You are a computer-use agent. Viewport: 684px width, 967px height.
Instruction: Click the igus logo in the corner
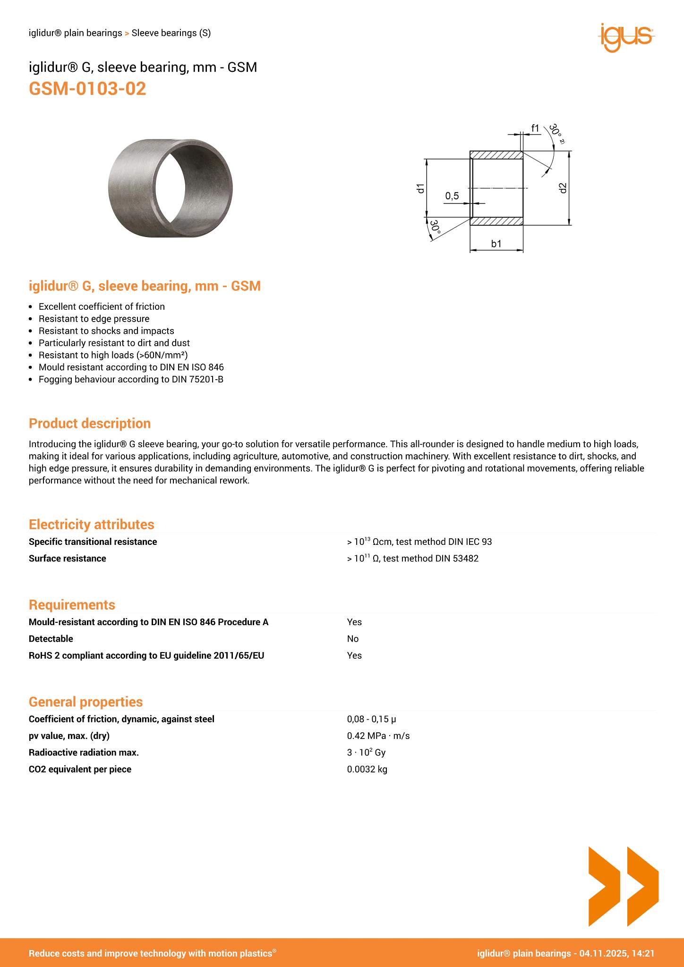[x=626, y=37]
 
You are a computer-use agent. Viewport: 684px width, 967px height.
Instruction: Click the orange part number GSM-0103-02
[x=87, y=89]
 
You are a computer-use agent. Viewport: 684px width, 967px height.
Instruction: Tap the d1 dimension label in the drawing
[x=420, y=188]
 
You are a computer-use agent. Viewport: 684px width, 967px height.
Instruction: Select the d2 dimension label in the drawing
[x=562, y=188]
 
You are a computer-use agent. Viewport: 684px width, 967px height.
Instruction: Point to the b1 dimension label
[x=496, y=244]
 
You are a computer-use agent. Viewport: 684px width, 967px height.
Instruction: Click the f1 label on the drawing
[x=535, y=128]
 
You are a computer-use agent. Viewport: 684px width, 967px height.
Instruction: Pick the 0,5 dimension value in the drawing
[x=452, y=195]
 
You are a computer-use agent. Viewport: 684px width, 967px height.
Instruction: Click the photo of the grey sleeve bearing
[x=170, y=188]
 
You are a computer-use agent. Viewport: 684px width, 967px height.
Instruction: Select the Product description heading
[x=90, y=424]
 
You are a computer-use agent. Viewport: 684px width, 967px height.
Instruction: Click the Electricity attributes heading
[x=91, y=525]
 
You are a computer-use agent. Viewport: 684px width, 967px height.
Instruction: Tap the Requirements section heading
[x=72, y=605]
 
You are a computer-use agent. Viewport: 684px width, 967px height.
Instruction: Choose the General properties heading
[x=85, y=702]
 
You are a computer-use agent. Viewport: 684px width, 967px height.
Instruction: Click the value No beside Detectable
[x=353, y=639]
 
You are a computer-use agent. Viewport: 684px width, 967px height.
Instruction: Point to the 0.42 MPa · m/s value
[x=378, y=736]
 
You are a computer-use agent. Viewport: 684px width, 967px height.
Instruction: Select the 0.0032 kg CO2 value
[x=367, y=769]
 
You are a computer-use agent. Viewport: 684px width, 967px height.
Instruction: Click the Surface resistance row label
[x=68, y=559]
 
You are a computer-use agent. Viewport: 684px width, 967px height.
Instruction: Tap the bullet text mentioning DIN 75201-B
[x=131, y=379]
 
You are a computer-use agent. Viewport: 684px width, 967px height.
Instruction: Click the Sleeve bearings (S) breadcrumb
[x=171, y=33]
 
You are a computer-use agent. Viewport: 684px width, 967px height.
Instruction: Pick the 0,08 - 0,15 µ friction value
[x=371, y=719]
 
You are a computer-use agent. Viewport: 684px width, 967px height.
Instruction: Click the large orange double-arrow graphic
[x=623, y=886]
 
